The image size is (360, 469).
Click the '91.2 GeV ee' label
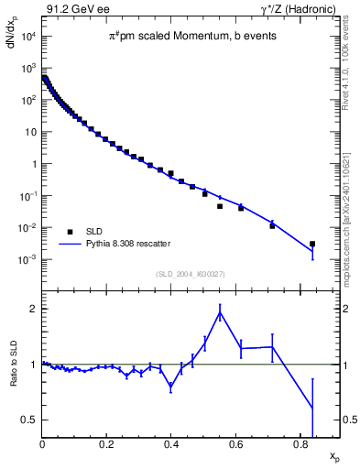tap(72, 8)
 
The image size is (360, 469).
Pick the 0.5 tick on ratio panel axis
tap(29, 420)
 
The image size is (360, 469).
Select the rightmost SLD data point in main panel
tap(312, 244)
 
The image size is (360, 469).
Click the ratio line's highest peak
tap(220, 312)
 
